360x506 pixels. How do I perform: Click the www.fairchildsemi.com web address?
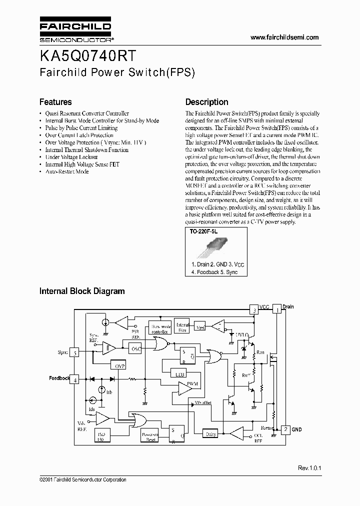[x=284, y=37]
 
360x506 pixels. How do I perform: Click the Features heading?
[x=55, y=102]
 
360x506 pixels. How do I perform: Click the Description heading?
[x=206, y=102]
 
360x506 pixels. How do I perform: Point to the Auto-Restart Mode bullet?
[x=67, y=171]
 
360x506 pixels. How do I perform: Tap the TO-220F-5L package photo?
[x=216, y=246]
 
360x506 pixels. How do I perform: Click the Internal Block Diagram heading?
[x=82, y=291]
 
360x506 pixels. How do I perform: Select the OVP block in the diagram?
[x=120, y=366]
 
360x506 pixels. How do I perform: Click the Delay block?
[x=210, y=434]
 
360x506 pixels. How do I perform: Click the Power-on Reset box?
[x=150, y=436]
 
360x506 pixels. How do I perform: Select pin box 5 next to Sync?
[x=75, y=352]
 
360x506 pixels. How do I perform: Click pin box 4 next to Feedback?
[x=75, y=379]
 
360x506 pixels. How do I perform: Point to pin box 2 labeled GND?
[x=284, y=429]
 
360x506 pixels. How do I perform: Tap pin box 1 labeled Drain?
[x=276, y=310]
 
